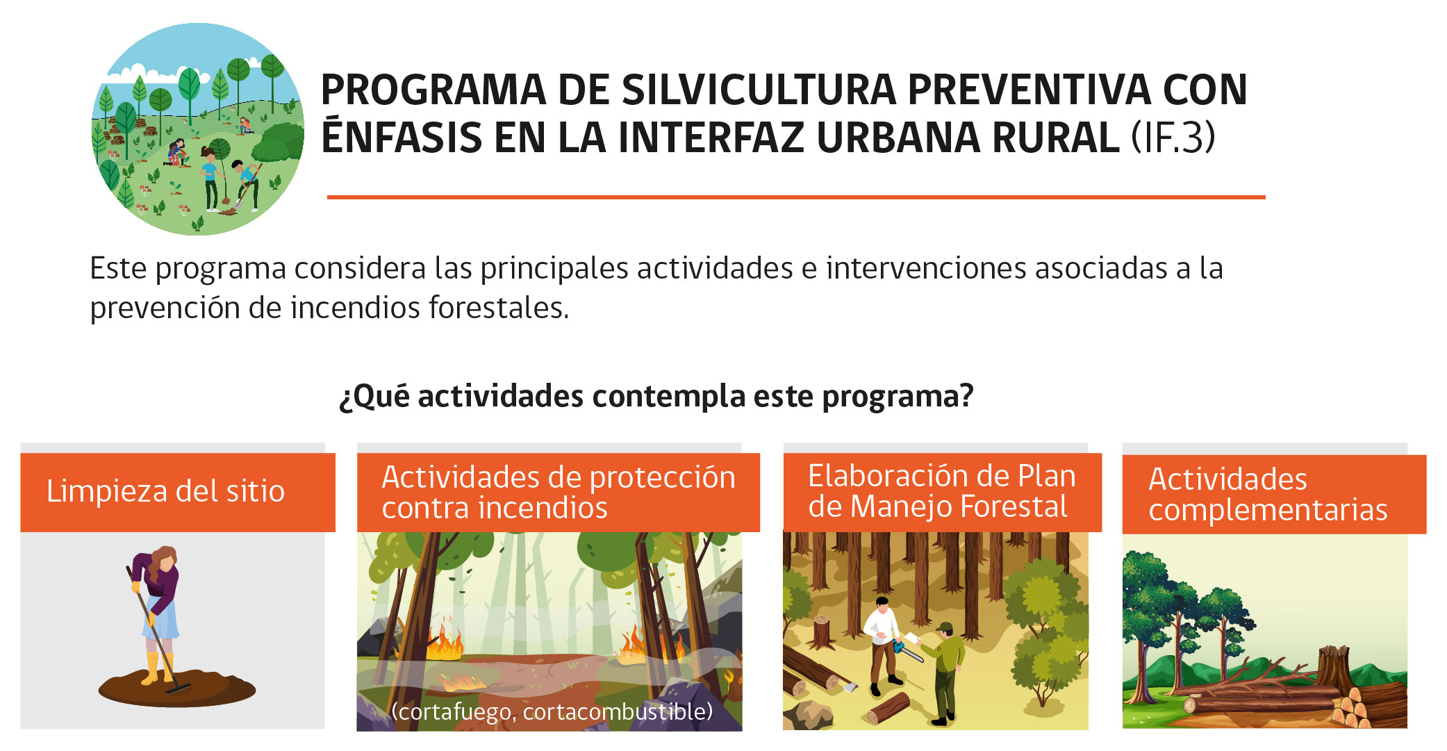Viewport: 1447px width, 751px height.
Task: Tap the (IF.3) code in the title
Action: [x=1173, y=137]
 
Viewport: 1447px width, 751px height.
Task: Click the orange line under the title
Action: [x=796, y=197]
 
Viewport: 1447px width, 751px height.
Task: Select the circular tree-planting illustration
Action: [x=198, y=129]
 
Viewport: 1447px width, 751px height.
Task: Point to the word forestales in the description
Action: [x=499, y=308]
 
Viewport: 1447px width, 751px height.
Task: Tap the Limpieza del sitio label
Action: [x=165, y=491]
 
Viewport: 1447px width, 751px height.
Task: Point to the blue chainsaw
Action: [x=907, y=651]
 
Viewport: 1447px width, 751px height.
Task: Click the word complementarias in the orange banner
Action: [x=1268, y=511]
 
